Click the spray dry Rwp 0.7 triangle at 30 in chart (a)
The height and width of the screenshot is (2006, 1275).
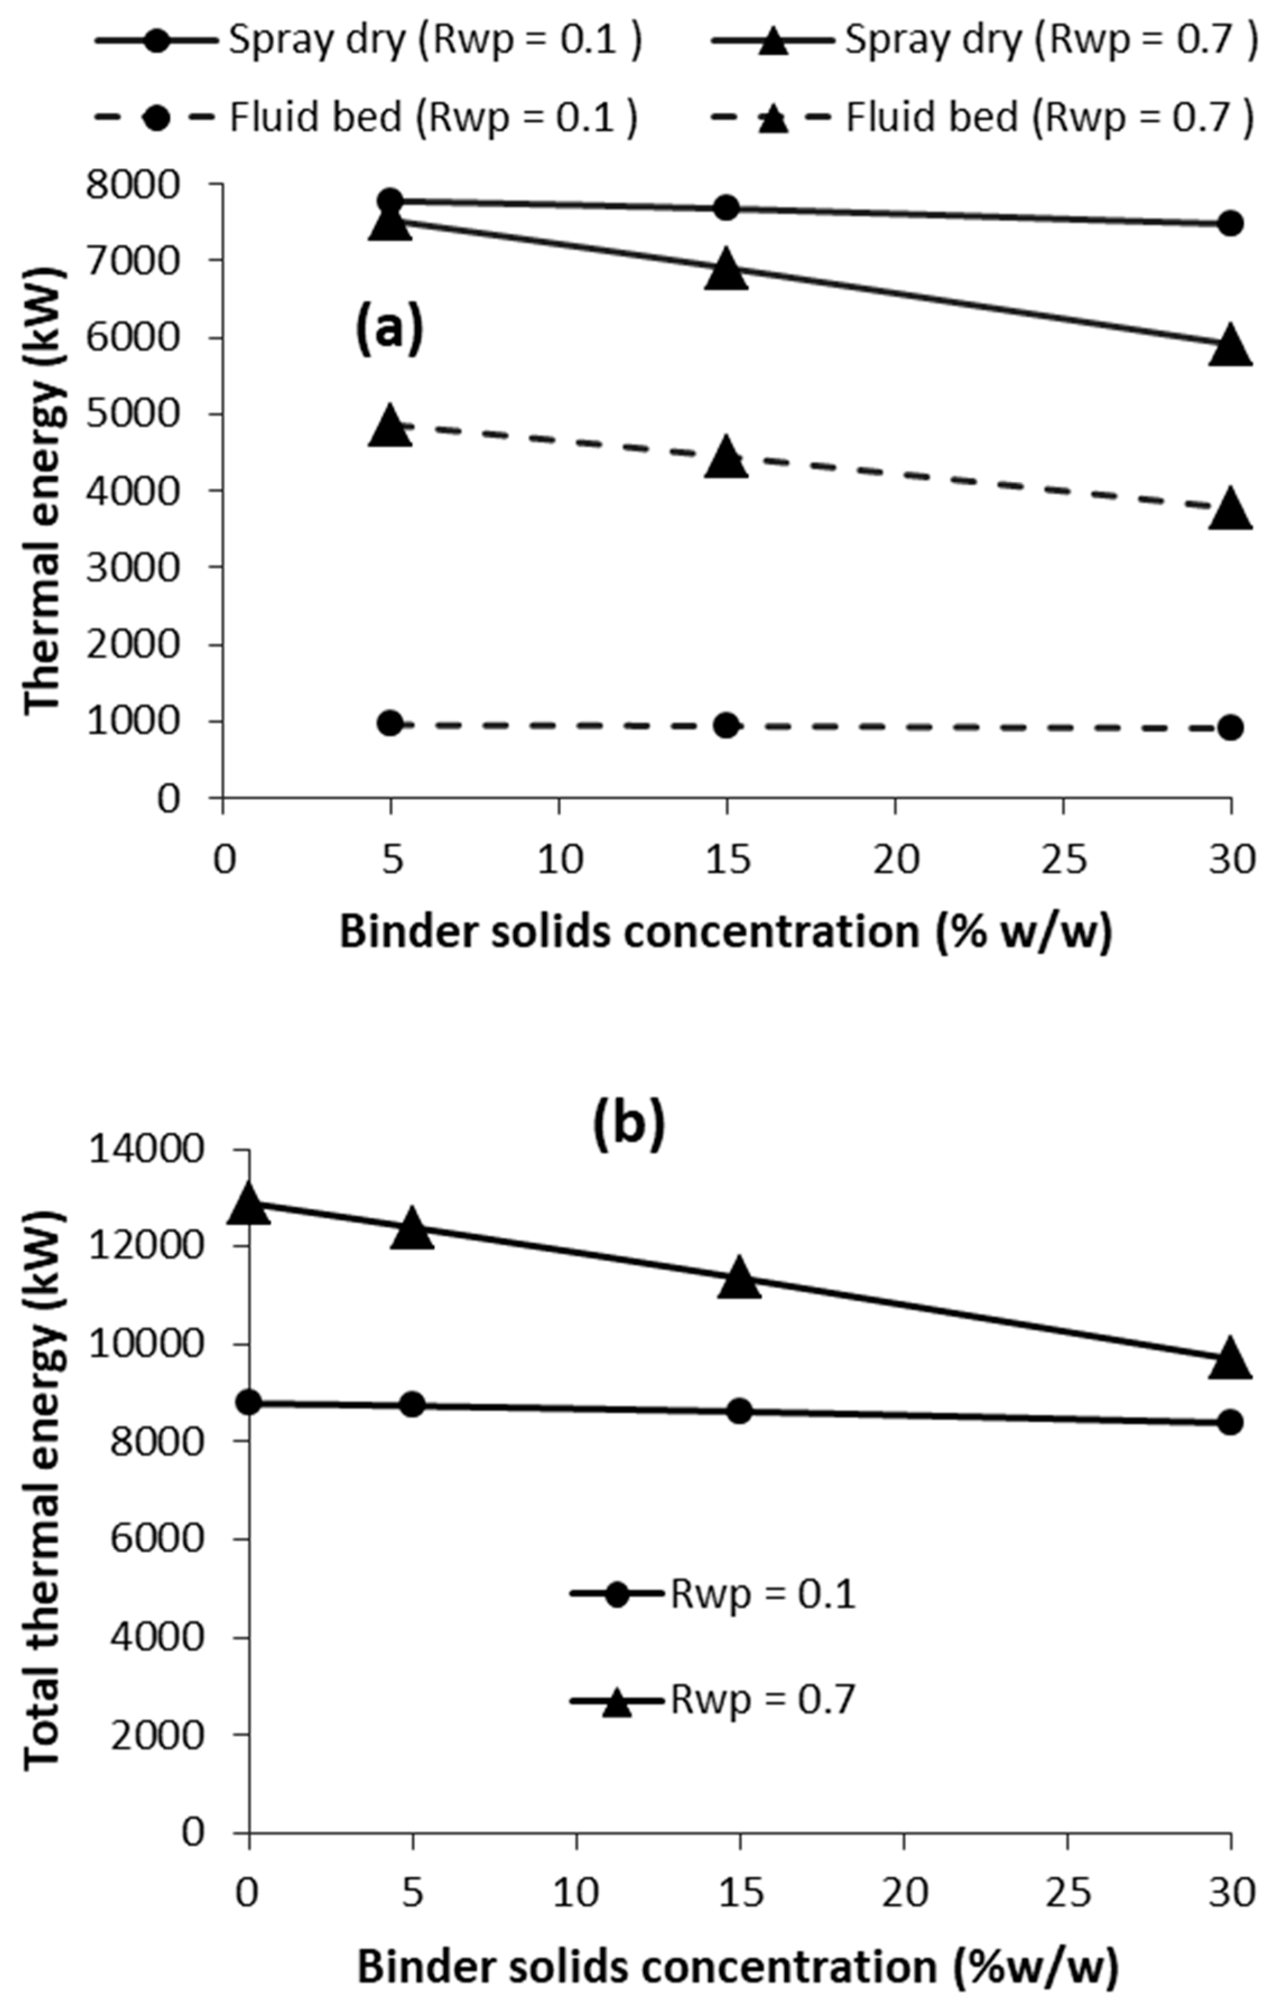(x=1230, y=346)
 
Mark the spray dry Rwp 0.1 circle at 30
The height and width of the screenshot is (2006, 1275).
(x=1230, y=223)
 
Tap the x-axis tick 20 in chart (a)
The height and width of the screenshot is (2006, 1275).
(x=895, y=858)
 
